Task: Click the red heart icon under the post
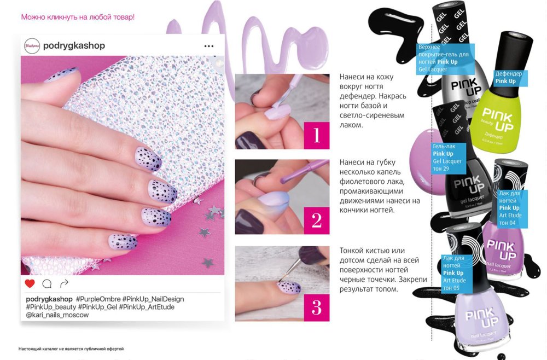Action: pyautogui.click(x=30, y=283)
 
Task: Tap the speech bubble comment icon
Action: pyautogui.click(x=47, y=284)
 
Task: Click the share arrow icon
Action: pyautogui.click(x=64, y=283)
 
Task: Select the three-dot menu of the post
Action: pyautogui.click(x=209, y=46)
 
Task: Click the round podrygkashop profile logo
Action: pyautogui.click(x=32, y=46)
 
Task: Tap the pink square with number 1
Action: pyautogui.click(x=317, y=135)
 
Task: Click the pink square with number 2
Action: pyautogui.click(x=317, y=220)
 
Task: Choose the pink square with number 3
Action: pyautogui.click(x=317, y=307)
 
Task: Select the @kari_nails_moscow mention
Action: pyautogui.click(x=57, y=315)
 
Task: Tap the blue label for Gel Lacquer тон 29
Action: pyautogui.click(x=449, y=158)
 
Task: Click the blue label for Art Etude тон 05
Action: pyautogui.click(x=456, y=273)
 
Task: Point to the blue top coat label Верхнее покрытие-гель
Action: pyautogui.click(x=445, y=58)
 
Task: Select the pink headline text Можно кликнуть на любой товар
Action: pyautogui.click(x=78, y=17)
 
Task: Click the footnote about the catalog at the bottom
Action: pyautogui.click(x=71, y=349)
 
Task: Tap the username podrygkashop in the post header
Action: pyautogui.click(x=74, y=46)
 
